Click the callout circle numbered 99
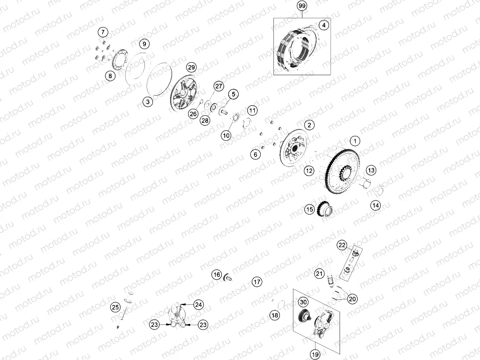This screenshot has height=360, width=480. [301, 6]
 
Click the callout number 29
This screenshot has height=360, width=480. [191, 67]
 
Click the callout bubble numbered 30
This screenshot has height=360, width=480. [303, 302]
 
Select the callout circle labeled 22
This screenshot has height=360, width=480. [342, 245]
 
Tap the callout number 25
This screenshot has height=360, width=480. [115, 307]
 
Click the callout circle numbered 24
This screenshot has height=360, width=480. [199, 304]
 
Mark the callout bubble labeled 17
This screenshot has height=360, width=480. [257, 282]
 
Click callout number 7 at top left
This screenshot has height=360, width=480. [103, 33]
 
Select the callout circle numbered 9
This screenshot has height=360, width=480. [144, 44]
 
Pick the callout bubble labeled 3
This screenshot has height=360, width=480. [147, 102]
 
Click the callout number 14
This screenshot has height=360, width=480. [376, 205]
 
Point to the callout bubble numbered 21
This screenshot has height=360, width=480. [319, 273]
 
